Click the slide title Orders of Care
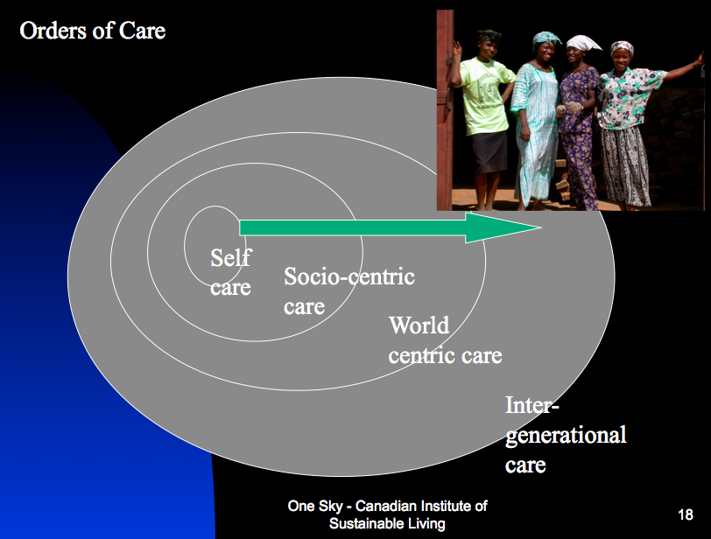(x=93, y=31)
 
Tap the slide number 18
(x=686, y=514)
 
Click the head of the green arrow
(x=503, y=227)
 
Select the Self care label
(x=231, y=272)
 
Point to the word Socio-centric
(x=349, y=276)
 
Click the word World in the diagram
(x=419, y=325)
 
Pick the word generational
(x=566, y=435)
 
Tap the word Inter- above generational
(x=532, y=404)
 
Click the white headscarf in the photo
(x=583, y=44)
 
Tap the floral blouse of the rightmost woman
(x=627, y=98)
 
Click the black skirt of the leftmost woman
(x=489, y=151)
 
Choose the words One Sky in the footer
(x=315, y=506)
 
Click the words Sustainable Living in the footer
(x=387, y=523)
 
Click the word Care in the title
(x=142, y=31)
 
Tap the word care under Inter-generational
(x=525, y=465)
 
